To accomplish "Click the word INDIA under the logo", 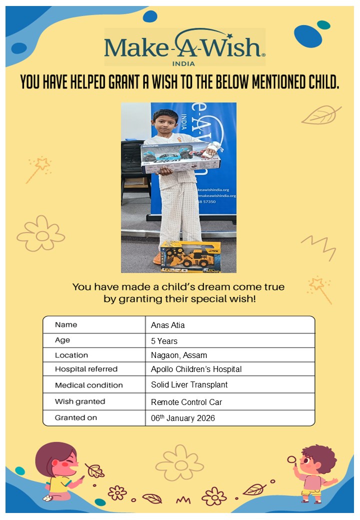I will (183, 64).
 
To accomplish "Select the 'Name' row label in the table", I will (66, 324).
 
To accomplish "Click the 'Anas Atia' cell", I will (168, 325).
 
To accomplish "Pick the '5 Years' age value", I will (165, 340).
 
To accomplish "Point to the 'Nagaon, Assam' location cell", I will (179, 355).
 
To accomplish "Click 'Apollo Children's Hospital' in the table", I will (196, 369).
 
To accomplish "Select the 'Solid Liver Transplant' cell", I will (189, 385).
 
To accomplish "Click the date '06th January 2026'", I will (182, 418).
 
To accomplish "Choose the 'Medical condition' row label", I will (88, 385).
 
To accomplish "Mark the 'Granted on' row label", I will (76, 417).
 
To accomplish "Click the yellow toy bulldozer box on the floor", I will (190, 256).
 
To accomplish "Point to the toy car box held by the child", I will (180, 156).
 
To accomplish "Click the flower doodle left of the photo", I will (41, 233).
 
